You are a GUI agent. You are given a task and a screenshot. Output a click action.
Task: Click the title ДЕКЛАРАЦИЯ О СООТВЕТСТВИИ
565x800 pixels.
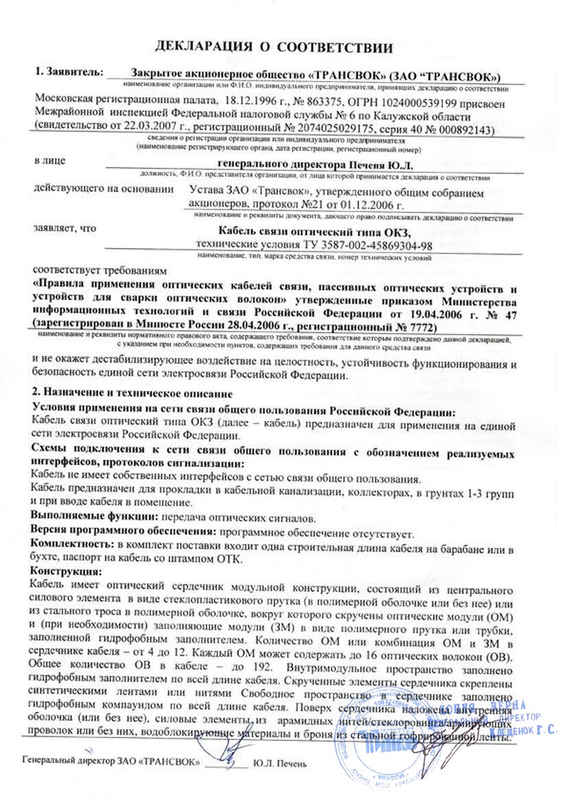point(274,47)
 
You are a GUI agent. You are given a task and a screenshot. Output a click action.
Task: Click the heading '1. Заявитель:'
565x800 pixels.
point(69,71)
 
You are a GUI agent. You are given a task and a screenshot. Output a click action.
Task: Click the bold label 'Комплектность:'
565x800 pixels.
point(71,545)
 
